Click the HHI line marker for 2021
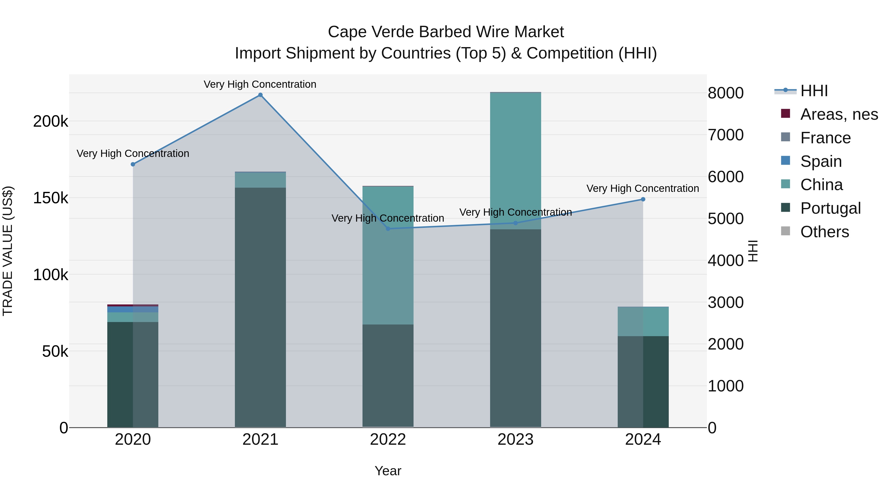tap(260, 95)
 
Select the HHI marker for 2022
tap(388, 229)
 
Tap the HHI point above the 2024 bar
tap(643, 199)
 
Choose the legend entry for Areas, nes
tap(839, 114)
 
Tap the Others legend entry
tap(824, 232)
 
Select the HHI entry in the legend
tap(814, 91)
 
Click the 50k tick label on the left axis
tap(55, 352)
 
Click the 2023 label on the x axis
tap(515, 440)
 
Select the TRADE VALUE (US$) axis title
tap(8, 251)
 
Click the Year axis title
tap(388, 471)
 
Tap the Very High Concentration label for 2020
tap(133, 153)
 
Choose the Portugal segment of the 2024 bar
tap(643, 381)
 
